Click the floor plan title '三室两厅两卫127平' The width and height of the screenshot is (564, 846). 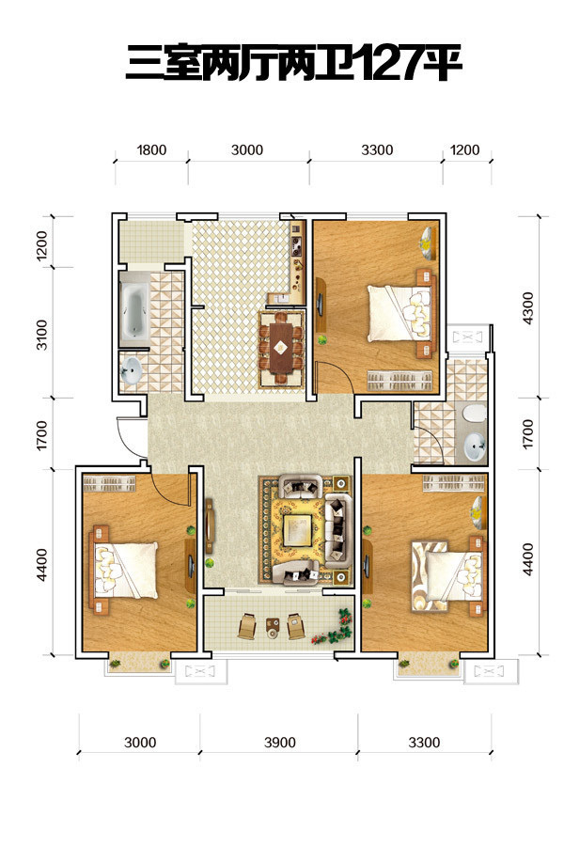[293, 63]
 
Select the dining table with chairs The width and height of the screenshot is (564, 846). [280, 348]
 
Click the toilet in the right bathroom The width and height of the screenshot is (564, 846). [475, 414]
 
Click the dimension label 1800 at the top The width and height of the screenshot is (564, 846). [151, 149]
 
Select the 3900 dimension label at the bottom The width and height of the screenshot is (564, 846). [279, 743]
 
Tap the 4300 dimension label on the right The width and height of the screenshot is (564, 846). [528, 308]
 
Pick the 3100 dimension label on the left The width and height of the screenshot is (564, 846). [41, 335]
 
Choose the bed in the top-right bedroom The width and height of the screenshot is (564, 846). [401, 313]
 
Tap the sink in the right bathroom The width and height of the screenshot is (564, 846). [475, 446]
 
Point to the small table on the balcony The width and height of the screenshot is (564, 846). [272, 627]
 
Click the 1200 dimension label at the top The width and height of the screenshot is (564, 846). [464, 149]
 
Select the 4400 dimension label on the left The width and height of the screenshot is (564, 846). [41, 565]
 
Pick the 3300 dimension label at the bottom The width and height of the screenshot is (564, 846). [424, 743]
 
